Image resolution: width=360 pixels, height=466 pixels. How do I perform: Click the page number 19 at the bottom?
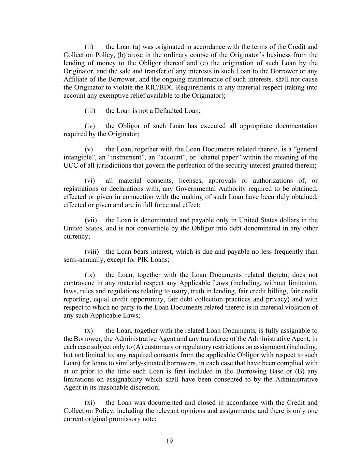point(170,441)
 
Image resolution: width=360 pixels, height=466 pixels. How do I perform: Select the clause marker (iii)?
point(90,111)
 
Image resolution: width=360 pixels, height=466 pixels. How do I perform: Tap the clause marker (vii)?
point(90,220)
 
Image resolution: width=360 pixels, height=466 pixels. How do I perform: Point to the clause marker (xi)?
point(90,403)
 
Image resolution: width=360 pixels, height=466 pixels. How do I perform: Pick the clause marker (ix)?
point(89,275)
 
